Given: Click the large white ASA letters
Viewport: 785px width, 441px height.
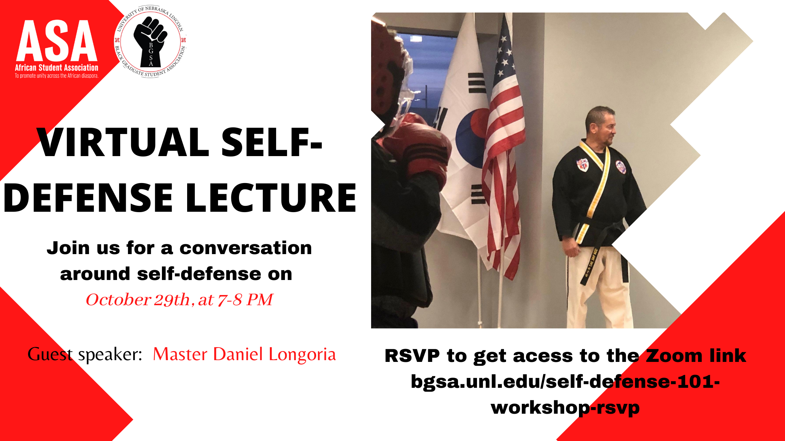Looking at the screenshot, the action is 57,41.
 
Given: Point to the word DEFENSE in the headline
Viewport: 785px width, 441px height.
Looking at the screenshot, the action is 89,198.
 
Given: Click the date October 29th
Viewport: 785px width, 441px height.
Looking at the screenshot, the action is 137,300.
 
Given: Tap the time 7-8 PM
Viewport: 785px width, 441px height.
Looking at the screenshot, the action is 245,300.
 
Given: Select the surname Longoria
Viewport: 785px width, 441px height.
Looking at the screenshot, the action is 302,355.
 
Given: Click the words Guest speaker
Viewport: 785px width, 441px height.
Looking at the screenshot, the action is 84,355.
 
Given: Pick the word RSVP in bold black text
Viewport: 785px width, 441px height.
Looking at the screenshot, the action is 412,356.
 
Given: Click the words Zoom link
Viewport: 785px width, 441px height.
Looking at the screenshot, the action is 696,356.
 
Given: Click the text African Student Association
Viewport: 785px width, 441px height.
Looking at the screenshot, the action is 57,68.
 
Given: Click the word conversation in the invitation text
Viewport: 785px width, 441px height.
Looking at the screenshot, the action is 246,248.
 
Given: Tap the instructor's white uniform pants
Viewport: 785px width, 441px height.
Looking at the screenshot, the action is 599,287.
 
